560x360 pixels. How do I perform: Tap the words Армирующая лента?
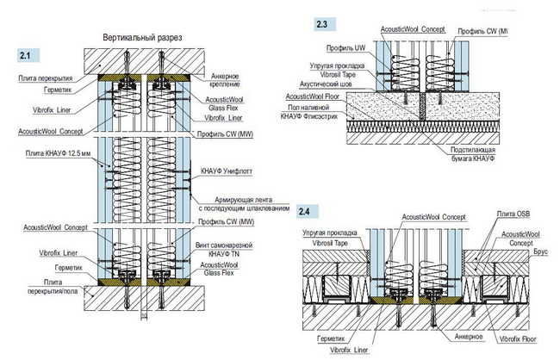coord(229,200)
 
